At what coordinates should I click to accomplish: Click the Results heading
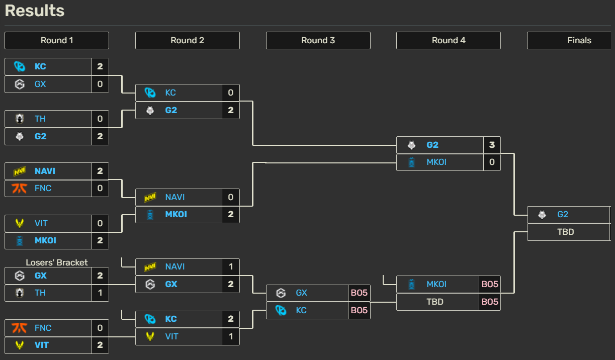(35, 11)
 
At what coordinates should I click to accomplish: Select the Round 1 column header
(57, 40)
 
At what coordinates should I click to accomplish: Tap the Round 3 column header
(318, 40)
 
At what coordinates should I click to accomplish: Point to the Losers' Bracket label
(57, 262)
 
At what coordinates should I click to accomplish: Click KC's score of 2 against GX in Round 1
(100, 66)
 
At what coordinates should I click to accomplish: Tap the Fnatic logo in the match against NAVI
(20, 188)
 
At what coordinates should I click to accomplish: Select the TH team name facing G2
(40, 119)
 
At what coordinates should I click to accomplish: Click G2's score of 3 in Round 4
(492, 145)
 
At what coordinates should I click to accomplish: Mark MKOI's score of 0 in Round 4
(492, 162)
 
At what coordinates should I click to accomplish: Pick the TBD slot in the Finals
(566, 232)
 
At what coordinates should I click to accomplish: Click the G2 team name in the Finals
(563, 214)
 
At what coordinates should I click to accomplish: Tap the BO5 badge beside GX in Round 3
(359, 293)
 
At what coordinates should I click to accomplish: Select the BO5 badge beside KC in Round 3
(359, 310)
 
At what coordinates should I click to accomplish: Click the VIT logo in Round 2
(150, 336)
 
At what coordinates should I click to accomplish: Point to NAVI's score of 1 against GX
(231, 266)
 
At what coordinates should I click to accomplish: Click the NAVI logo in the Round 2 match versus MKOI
(150, 197)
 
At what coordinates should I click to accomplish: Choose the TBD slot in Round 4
(435, 302)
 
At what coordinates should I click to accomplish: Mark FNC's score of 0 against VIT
(100, 328)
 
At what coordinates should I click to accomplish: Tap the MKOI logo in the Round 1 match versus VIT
(20, 240)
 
